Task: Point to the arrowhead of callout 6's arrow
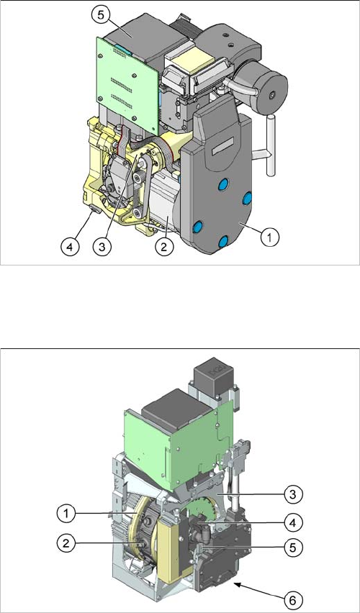[x=236, y=583]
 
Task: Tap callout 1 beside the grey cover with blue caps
[x=269, y=237]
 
